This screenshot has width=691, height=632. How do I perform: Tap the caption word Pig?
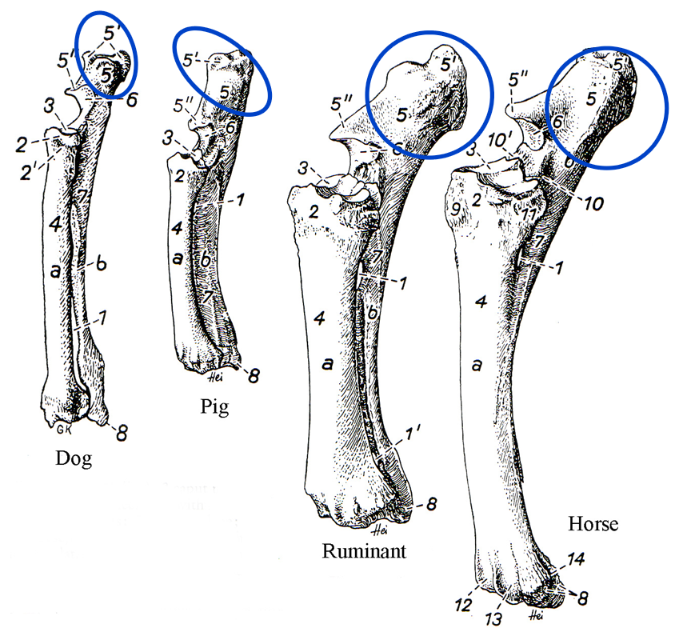click(214, 407)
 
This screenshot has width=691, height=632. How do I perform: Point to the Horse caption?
click(593, 525)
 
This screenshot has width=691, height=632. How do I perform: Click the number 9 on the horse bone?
click(457, 211)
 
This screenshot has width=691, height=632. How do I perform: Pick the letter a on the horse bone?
click(477, 366)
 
